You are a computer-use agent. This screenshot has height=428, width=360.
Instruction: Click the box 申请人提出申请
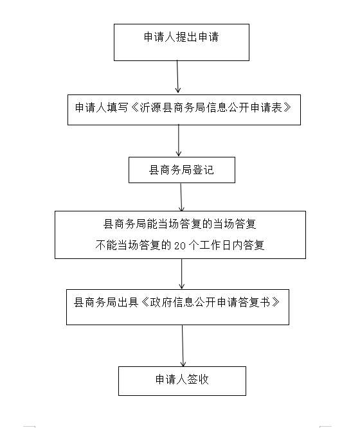pos(181,42)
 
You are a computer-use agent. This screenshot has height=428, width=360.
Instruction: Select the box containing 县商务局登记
pos(182,170)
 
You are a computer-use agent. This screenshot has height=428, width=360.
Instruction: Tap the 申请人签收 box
pos(182,381)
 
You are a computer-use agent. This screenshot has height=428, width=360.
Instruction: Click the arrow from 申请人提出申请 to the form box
pos(177,76)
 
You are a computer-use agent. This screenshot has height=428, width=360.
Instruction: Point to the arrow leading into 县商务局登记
pos(179,141)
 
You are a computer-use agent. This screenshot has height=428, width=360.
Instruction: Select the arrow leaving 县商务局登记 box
pos(181,197)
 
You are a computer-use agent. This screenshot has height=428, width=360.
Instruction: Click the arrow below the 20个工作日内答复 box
pos(182,274)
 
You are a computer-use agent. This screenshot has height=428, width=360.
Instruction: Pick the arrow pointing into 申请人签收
pos(183,346)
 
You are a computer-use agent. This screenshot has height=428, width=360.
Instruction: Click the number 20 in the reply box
pos(180,245)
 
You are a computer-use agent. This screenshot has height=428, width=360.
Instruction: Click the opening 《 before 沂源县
pos(134,107)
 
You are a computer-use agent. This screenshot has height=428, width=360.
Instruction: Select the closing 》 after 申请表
pos(287,107)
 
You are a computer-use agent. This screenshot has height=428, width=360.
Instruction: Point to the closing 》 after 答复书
pos(275,302)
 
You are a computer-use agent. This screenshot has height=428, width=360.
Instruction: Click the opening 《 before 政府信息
pos(145,302)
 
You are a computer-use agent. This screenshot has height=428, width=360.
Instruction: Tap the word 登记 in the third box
pos(203,170)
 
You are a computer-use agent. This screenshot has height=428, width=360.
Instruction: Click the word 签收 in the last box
pos(198,379)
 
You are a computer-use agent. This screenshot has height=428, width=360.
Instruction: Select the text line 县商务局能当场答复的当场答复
pos(180,224)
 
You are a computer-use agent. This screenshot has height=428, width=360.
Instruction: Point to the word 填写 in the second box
pos(118,107)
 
